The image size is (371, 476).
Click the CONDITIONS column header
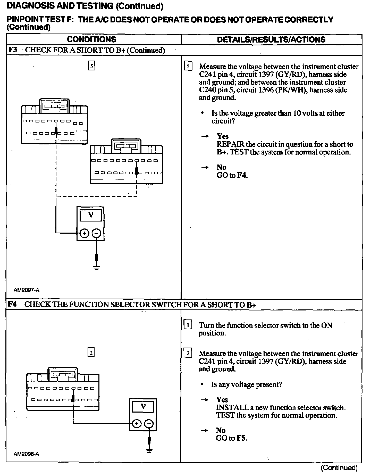pyautogui.click(x=91, y=39)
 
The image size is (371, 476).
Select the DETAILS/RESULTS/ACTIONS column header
pyautogui.click(x=271, y=39)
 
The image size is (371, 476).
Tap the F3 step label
pyautogui.click(x=13, y=50)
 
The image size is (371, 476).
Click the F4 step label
pyautogui.click(x=12, y=304)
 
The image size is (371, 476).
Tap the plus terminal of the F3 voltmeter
pyautogui.click(x=84, y=234)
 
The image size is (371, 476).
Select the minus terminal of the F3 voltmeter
pyautogui.click(x=96, y=234)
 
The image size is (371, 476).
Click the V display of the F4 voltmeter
pyautogui.click(x=143, y=407)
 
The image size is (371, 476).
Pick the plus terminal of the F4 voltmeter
pyautogui.click(x=137, y=424)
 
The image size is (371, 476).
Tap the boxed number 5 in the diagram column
pyautogui.click(x=91, y=66)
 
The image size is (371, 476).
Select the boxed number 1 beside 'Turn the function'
pyautogui.click(x=188, y=325)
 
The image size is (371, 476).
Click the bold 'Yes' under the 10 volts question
pyautogui.click(x=223, y=136)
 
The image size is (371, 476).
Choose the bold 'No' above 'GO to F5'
pyautogui.click(x=221, y=430)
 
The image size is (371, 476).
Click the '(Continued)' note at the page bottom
pyautogui.click(x=339, y=467)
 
